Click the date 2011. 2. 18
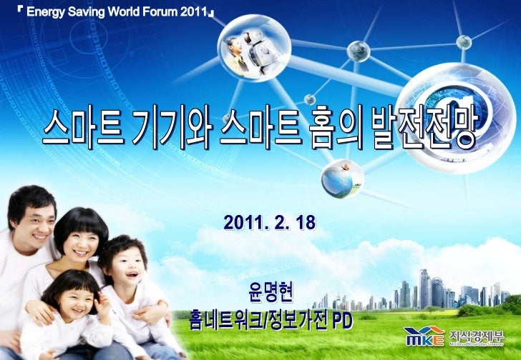pos(270,223)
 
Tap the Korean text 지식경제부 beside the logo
pos(474,334)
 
